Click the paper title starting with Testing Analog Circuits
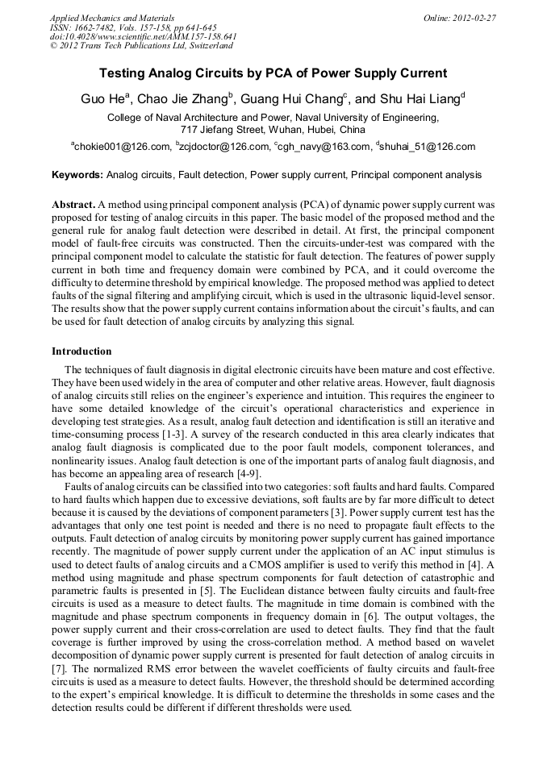coord(273,73)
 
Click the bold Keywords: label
coord(77,175)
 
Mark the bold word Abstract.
coord(73,205)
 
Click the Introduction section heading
coord(81,351)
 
